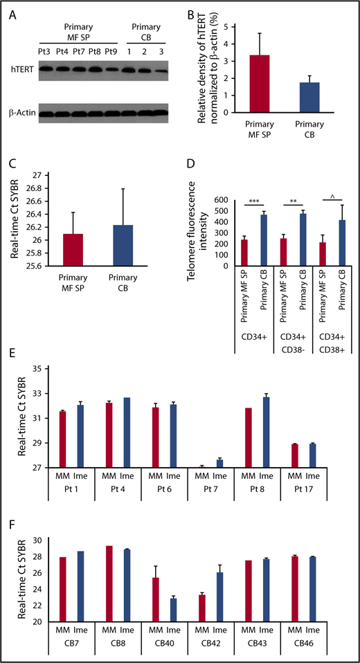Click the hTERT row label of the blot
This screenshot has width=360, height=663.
click(x=21, y=70)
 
